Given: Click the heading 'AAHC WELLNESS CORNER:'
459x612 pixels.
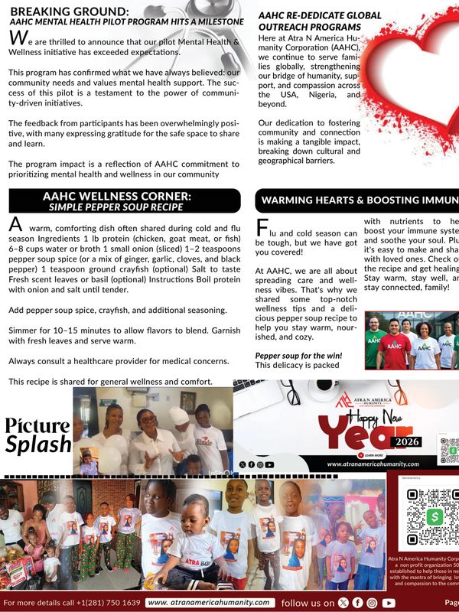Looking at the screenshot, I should coord(117,197).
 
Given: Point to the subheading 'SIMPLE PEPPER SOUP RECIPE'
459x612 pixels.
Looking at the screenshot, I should coord(117,207).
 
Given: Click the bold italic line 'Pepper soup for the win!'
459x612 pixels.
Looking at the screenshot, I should coord(299,356).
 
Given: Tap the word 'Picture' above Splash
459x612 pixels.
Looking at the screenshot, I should coord(37,426).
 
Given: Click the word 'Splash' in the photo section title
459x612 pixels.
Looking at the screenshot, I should coord(37,444).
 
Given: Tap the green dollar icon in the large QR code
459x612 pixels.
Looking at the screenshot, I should coord(438,516).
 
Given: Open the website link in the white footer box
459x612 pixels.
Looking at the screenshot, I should coord(209,603).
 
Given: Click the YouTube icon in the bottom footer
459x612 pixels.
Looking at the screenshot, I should coord(389,603).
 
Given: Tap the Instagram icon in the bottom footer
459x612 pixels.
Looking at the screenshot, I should coord(372,603).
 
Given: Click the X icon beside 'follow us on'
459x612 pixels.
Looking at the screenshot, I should coord(341,603).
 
